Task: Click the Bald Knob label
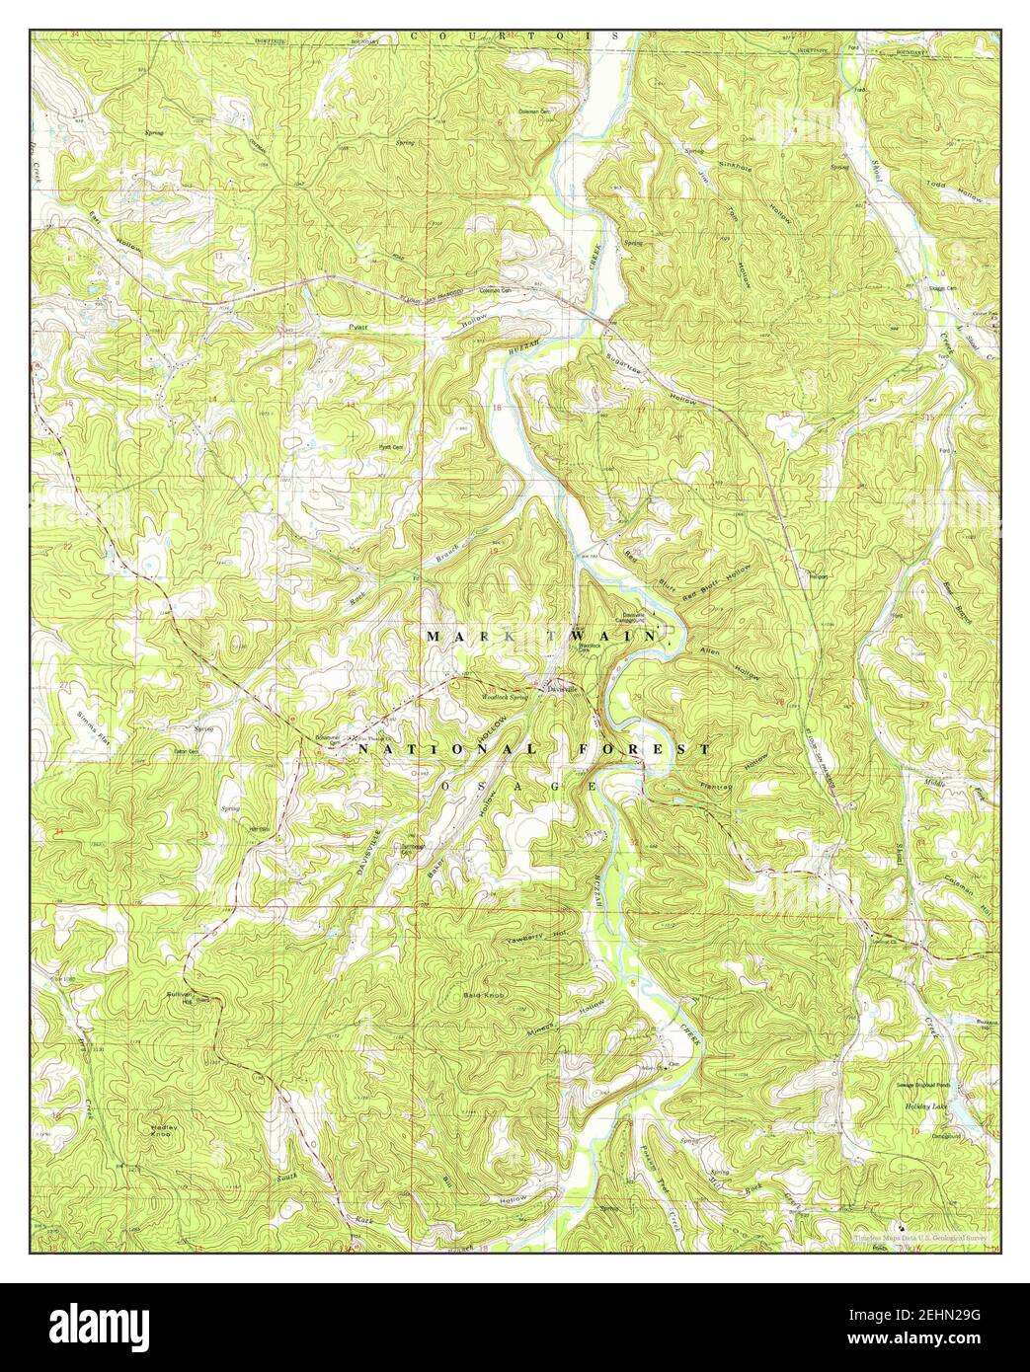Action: [x=483, y=995]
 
